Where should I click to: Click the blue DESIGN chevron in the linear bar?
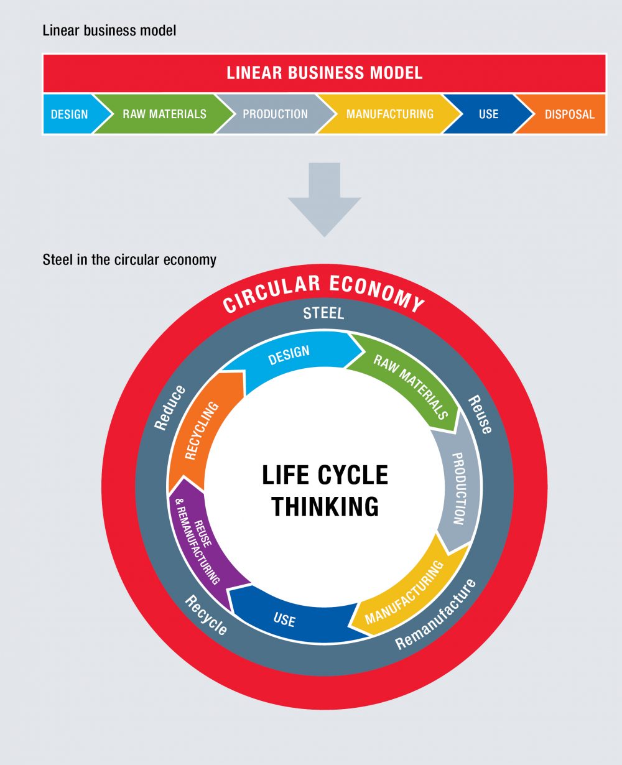pyautogui.click(x=70, y=114)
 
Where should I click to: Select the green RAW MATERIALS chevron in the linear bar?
pyautogui.click(x=164, y=114)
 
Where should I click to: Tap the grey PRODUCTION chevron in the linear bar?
pyautogui.click(x=275, y=114)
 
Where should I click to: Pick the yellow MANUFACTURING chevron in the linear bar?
pyautogui.click(x=390, y=114)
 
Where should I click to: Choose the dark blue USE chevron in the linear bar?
pyautogui.click(x=488, y=114)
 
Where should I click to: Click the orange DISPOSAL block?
pyautogui.click(x=569, y=114)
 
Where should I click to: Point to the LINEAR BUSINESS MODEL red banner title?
pyautogui.click(x=324, y=73)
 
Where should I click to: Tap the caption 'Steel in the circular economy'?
pyautogui.click(x=129, y=259)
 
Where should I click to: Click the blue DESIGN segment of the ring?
pyautogui.click(x=289, y=355)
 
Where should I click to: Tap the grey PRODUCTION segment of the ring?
pyautogui.click(x=459, y=488)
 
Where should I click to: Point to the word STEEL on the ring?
pyautogui.click(x=323, y=313)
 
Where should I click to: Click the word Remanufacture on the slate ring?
pyautogui.click(x=435, y=614)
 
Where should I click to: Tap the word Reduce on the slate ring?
pyautogui.click(x=170, y=407)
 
